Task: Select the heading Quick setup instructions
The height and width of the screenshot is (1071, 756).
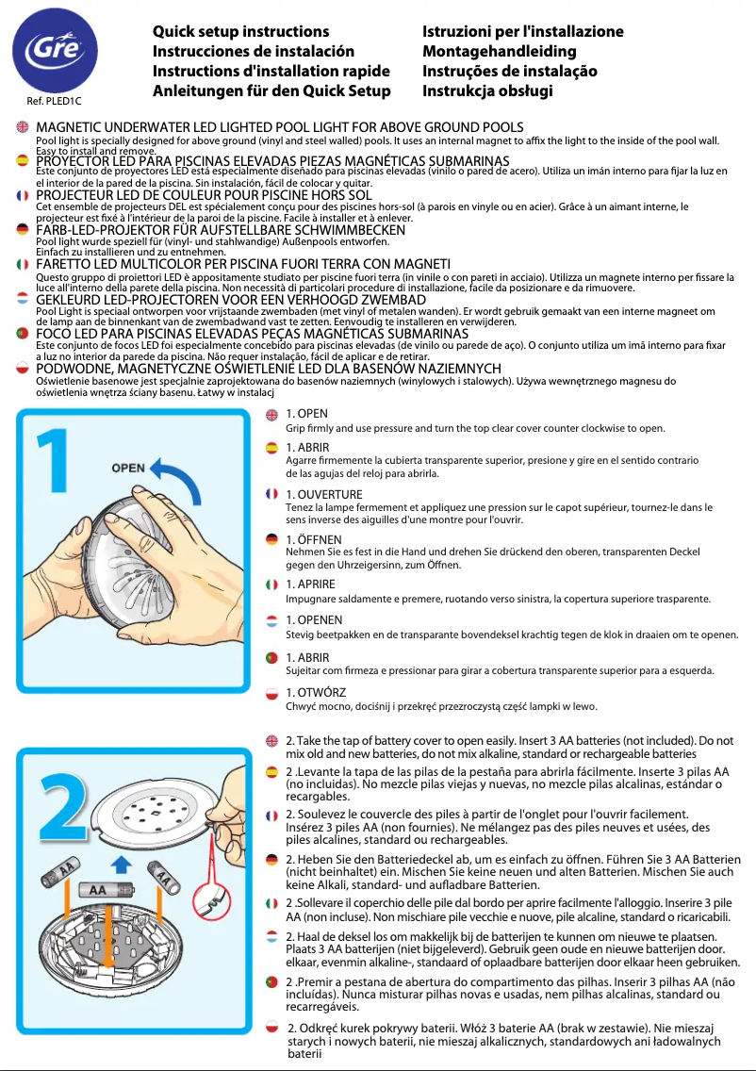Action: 240,32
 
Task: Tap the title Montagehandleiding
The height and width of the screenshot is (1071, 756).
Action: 499,52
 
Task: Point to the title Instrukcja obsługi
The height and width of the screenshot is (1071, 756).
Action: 486,91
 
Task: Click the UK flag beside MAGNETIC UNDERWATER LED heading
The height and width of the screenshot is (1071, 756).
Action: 23,126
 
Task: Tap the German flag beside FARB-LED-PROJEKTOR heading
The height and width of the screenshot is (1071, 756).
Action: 23,229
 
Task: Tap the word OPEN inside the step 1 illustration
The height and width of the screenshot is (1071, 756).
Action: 128,468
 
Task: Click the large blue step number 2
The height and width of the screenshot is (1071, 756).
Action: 61,814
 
